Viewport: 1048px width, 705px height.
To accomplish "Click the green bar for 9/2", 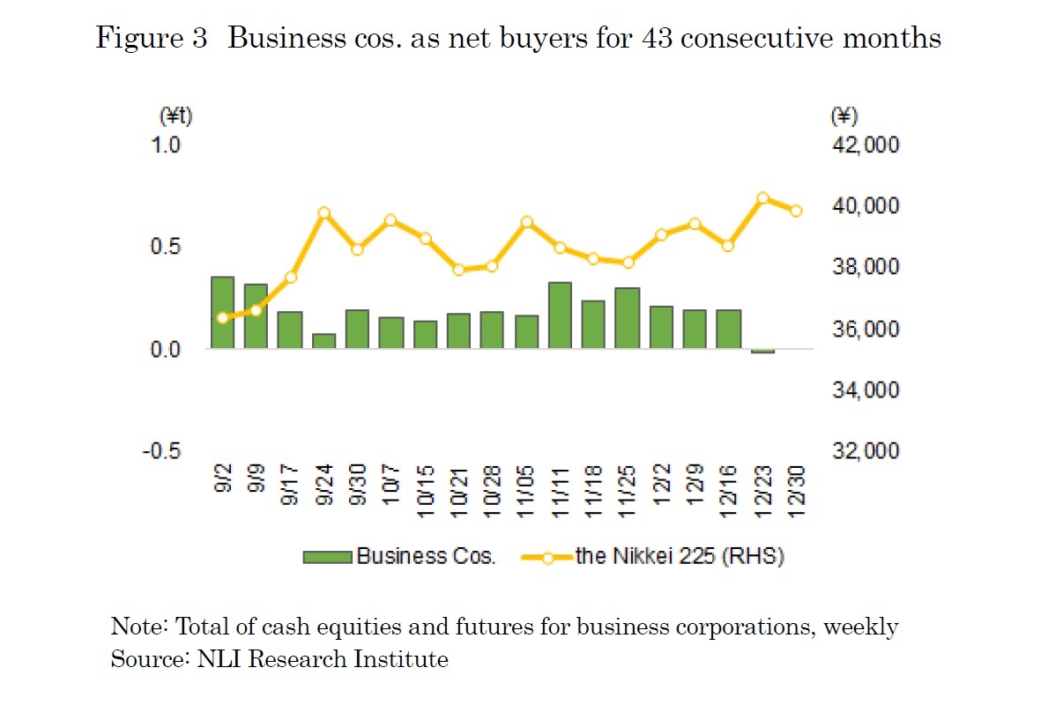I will tap(222, 313).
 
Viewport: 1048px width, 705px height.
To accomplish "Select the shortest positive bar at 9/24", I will tap(323, 341).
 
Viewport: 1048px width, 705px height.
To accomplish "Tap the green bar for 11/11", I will tap(560, 315).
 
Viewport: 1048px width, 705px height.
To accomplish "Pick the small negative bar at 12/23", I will tap(762, 352).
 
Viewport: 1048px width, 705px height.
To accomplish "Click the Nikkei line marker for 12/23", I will tap(763, 198).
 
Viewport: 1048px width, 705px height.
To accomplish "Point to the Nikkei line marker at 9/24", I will tap(323, 213).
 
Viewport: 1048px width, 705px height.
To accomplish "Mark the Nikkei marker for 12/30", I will tap(796, 211).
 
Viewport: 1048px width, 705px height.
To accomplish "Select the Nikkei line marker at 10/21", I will tap(458, 270).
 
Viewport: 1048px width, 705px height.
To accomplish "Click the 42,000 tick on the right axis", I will tap(865, 145).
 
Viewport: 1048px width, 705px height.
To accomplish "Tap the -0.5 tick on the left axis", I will tap(164, 450).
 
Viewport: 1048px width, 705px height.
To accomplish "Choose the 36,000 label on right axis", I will tap(865, 329).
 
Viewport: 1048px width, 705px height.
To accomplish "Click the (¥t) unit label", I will tap(175, 115).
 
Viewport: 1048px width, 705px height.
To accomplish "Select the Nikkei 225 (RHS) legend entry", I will tap(653, 556).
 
